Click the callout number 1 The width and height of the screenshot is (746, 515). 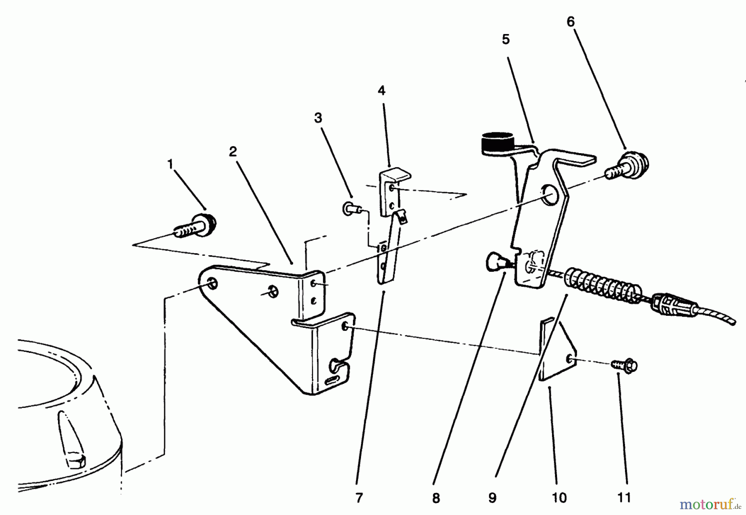(x=170, y=164)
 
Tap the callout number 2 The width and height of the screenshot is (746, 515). (x=233, y=151)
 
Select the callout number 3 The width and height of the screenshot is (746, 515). (x=318, y=118)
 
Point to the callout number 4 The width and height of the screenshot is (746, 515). (x=381, y=90)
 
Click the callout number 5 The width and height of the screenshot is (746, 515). (x=505, y=39)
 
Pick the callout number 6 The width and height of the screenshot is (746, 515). (x=571, y=22)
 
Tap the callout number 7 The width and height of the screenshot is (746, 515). (x=359, y=498)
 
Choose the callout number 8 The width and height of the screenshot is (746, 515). (x=436, y=498)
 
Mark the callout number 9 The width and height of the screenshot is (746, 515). (x=492, y=498)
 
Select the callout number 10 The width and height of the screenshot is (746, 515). (x=559, y=498)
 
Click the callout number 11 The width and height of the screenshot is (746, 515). (x=624, y=498)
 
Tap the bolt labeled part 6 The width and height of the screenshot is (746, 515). (x=627, y=166)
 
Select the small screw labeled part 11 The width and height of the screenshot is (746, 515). (x=624, y=365)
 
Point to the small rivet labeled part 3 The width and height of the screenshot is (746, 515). (x=351, y=208)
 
